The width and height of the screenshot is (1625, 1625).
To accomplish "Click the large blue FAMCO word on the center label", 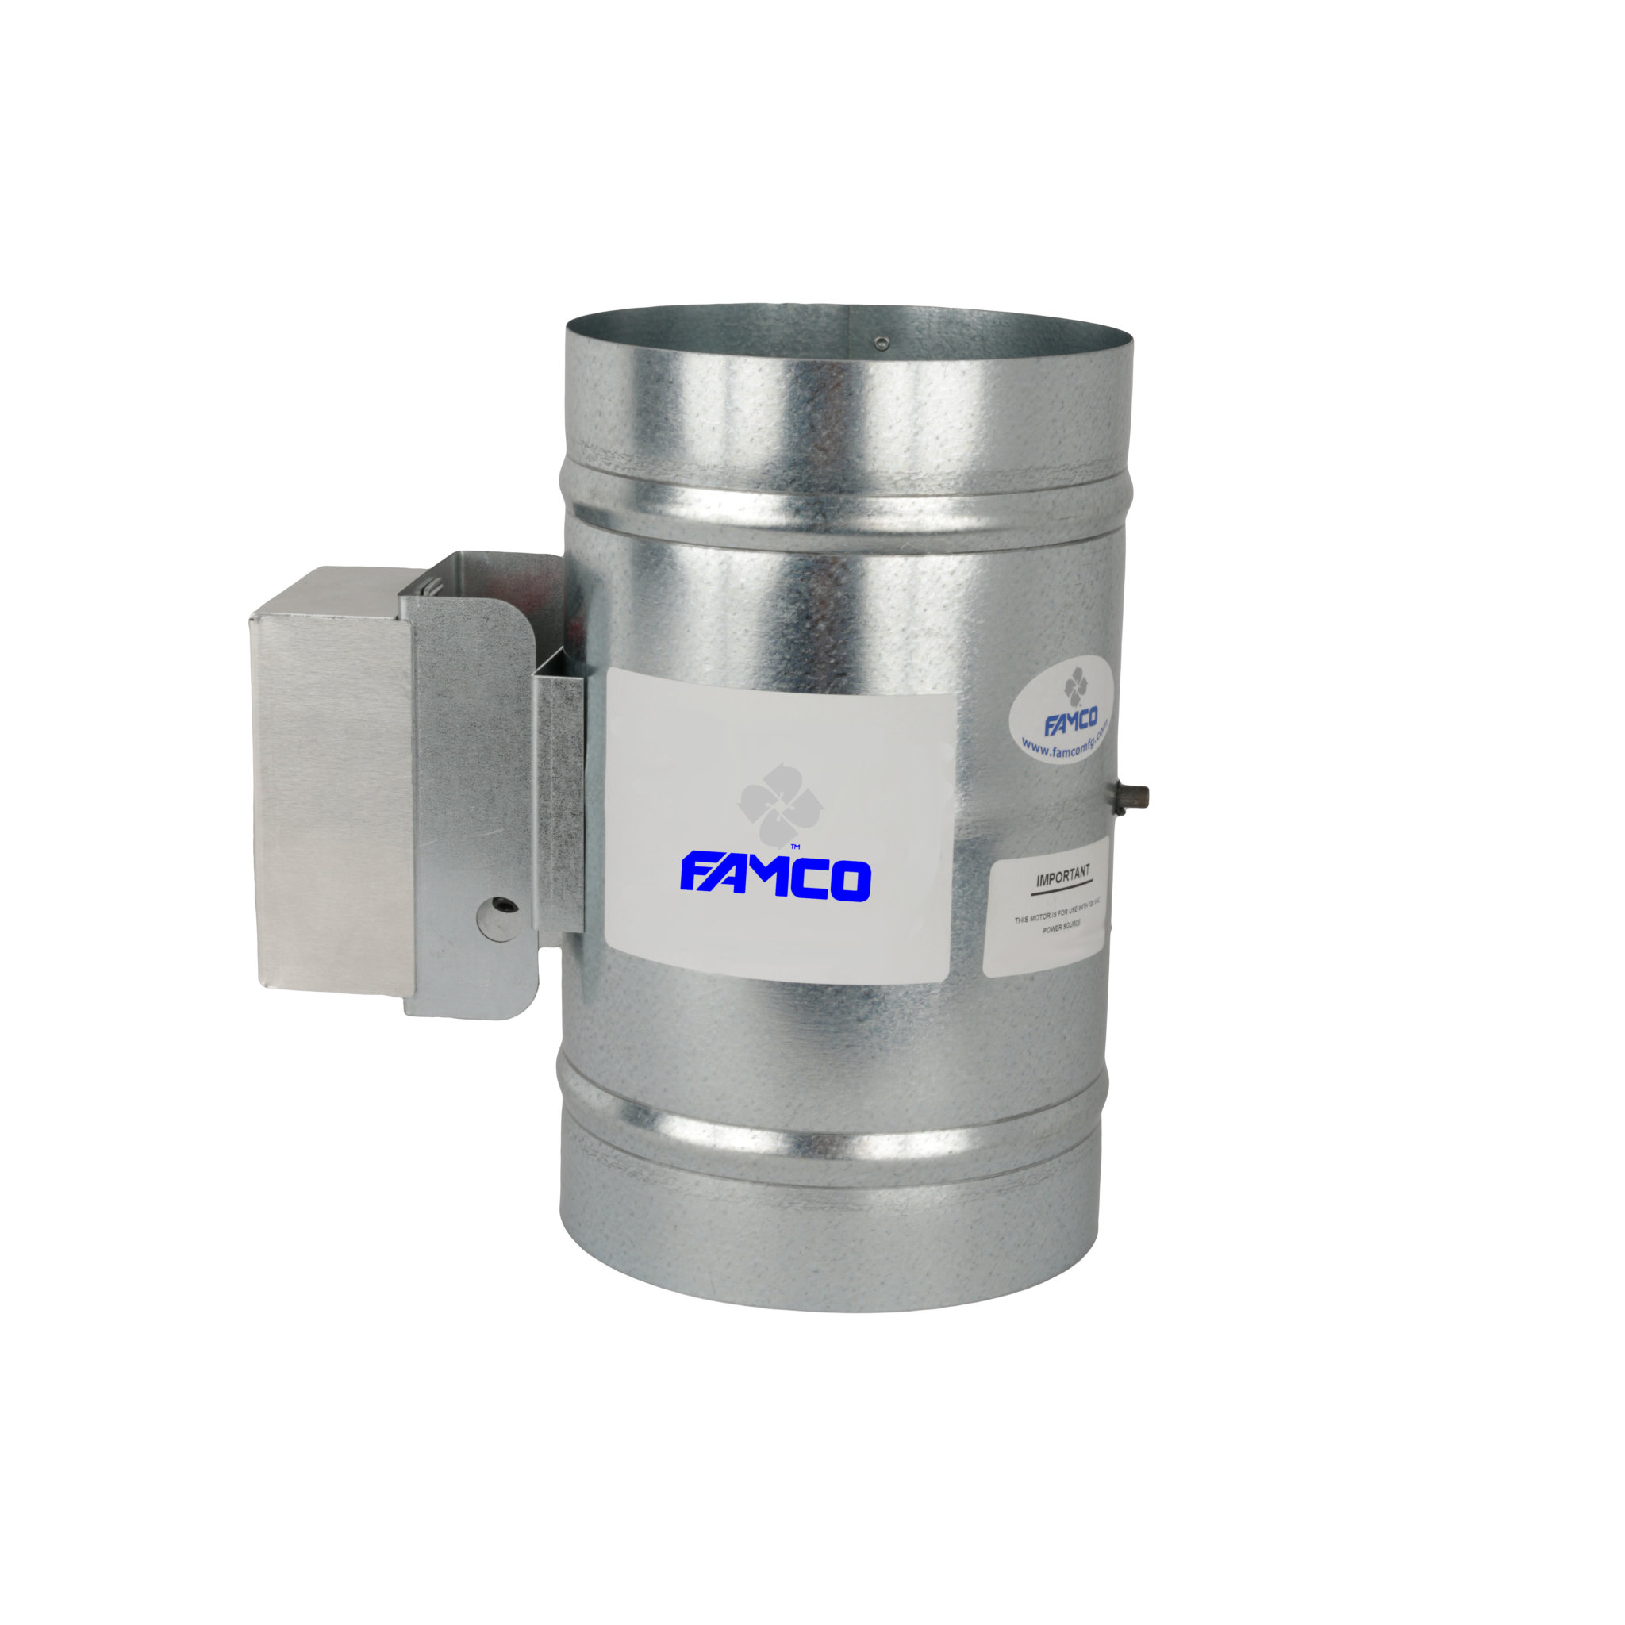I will [774, 878].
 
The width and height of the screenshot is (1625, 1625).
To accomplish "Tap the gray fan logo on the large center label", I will [781, 803].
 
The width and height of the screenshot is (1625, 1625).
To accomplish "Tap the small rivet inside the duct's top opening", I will [880, 342].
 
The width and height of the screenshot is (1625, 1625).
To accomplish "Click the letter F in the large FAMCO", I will [696, 878].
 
